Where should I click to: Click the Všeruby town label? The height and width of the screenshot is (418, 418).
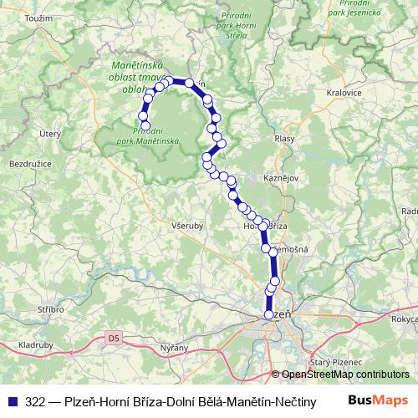186,225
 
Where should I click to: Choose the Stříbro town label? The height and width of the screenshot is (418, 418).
50,309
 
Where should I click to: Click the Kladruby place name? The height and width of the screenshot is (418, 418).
36,344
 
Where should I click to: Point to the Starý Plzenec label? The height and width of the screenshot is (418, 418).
329,361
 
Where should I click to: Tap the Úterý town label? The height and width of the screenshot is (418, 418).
52,132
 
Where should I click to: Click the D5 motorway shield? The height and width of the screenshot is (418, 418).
114,339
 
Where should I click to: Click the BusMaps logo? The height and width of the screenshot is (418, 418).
379,400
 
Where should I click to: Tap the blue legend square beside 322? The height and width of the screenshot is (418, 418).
12,402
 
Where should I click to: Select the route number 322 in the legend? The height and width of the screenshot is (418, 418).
36,402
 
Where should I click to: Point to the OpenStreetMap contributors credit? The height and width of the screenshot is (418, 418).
344,375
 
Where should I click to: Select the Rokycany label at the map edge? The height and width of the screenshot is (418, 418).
405,319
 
